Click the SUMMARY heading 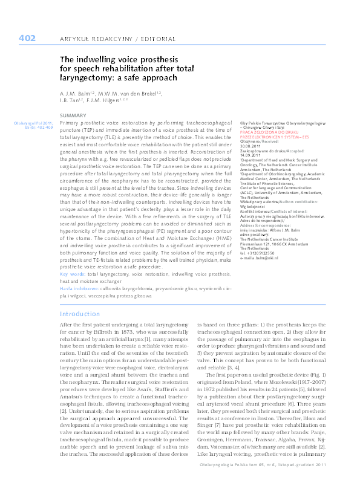pos(73,115)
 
